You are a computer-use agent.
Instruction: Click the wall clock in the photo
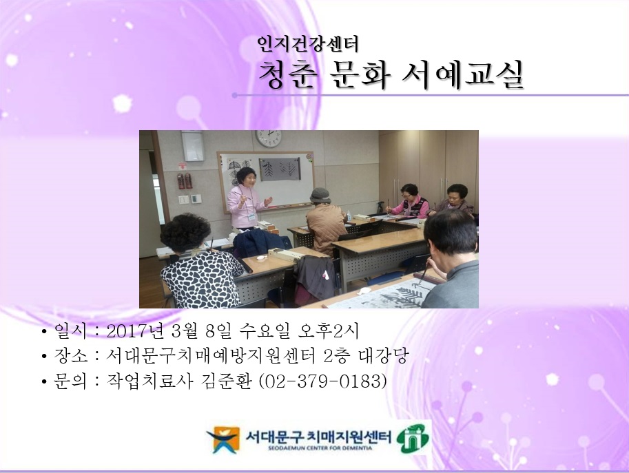[268, 137]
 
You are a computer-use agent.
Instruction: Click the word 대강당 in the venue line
[389, 356]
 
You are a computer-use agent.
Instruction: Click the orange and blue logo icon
[223, 439]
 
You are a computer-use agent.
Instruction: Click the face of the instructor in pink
[247, 176]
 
